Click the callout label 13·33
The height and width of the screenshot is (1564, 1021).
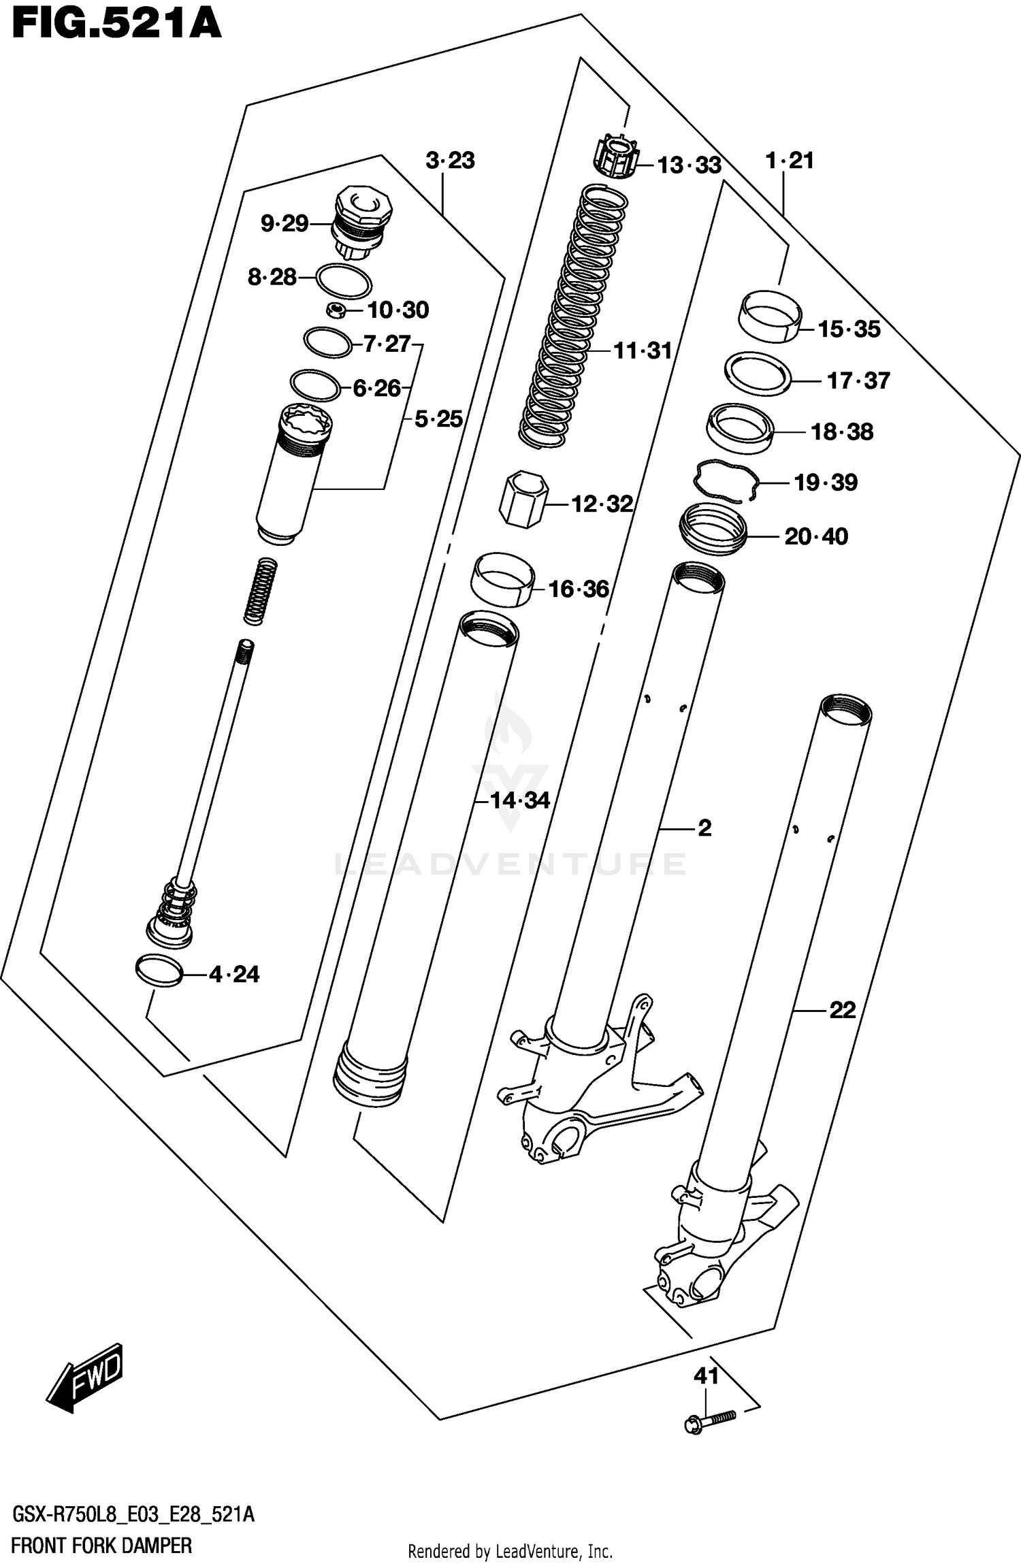[689, 165]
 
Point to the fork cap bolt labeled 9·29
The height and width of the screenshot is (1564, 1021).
[361, 221]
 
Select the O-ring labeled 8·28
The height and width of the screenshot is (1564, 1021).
[344, 280]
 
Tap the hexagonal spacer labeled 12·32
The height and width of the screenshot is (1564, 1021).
[523, 500]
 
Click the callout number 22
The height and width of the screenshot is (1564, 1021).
[842, 1010]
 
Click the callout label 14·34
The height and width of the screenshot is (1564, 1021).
[521, 800]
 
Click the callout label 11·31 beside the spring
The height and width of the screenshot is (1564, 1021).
[643, 351]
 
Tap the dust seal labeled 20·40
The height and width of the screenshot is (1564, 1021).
[713, 529]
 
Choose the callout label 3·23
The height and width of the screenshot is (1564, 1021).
[450, 161]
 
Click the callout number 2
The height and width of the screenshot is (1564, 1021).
[704, 828]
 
